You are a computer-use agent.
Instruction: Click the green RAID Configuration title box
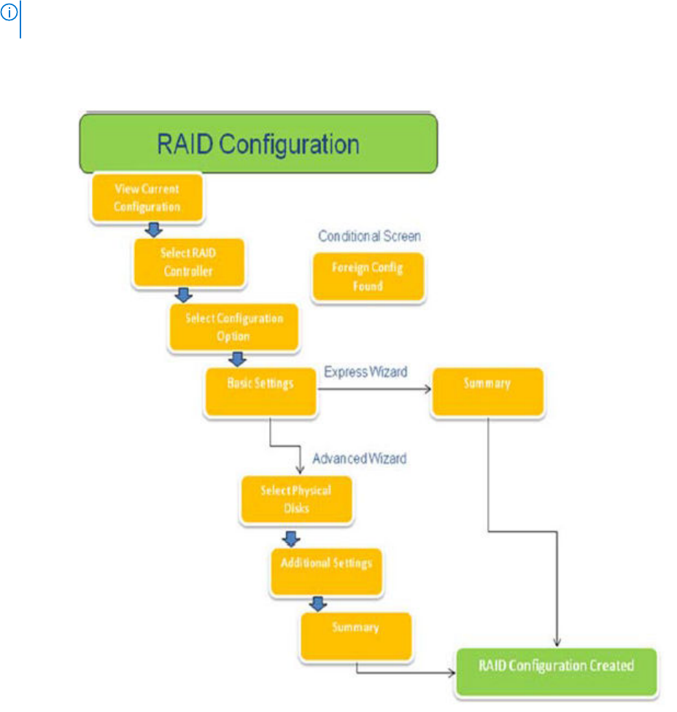[x=258, y=144]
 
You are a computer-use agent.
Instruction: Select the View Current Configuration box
[x=147, y=197]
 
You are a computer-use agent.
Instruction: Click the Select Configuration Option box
[x=233, y=327]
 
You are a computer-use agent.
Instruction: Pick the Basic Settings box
[x=260, y=391]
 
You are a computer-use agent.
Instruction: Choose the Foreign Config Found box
[x=368, y=277]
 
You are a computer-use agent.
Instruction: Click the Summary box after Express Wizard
[x=487, y=392]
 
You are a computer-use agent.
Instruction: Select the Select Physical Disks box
[x=296, y=498]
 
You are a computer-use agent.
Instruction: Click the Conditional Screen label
[x=369, y=237]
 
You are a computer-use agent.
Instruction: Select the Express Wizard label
[x=365, y=372]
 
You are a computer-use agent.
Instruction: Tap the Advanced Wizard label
[x=360, y=459]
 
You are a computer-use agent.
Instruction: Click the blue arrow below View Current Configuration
[x=152, y=230]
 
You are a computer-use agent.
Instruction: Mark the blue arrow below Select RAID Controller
[x=185, y=295]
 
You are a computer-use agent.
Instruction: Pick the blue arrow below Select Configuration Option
[x=236, y=359]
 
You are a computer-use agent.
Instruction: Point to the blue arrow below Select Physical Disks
[x=291, y=539]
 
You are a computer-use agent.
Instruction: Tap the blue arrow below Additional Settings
[x=317, y=604]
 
